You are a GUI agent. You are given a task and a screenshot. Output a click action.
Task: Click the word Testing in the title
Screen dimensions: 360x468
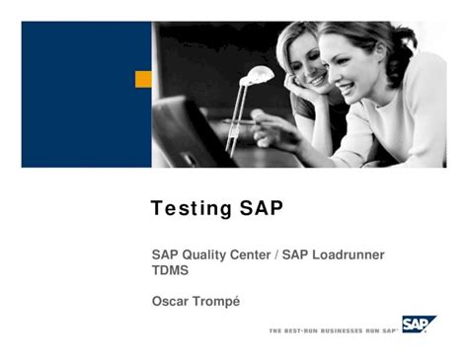click(190, 210)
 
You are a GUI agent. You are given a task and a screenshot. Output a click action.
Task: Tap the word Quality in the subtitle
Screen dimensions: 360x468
click(208, 255)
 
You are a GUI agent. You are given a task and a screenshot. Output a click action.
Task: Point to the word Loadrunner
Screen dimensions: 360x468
click(349, 255)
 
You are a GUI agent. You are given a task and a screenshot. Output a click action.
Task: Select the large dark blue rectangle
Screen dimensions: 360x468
click(84, 94)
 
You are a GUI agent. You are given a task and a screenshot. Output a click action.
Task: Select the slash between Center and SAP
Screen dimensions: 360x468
click(276, 255)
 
